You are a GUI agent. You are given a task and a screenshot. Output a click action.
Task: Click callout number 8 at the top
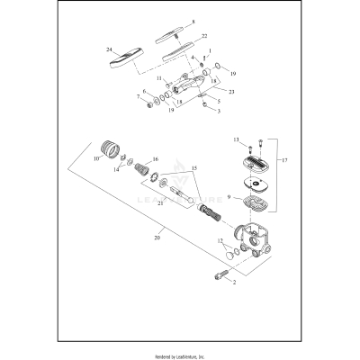(192, 21)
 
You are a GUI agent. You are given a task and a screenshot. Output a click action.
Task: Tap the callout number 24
(109, 49)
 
